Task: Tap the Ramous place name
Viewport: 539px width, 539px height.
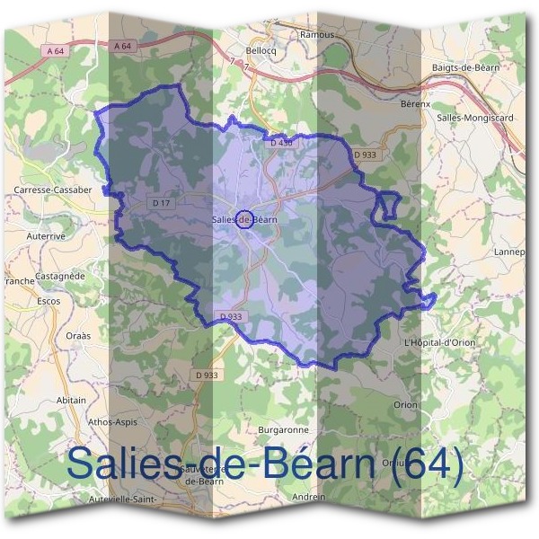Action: pos(317,35)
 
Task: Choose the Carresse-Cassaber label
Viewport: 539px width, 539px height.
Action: pos(53,190)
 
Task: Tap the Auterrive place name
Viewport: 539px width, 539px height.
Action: pos(44,234)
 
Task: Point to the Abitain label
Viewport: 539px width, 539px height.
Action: pos(72,400)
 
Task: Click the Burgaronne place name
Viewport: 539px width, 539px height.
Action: pos(283,430)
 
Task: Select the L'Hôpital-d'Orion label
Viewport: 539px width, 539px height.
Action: pos(438,343)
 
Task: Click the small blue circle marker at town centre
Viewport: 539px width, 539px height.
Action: pos(243,218)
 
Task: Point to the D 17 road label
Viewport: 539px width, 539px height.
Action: pos(162,204)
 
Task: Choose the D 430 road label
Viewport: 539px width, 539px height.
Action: pos(281,143)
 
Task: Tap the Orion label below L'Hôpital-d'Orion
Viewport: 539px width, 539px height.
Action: pos(405,405)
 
